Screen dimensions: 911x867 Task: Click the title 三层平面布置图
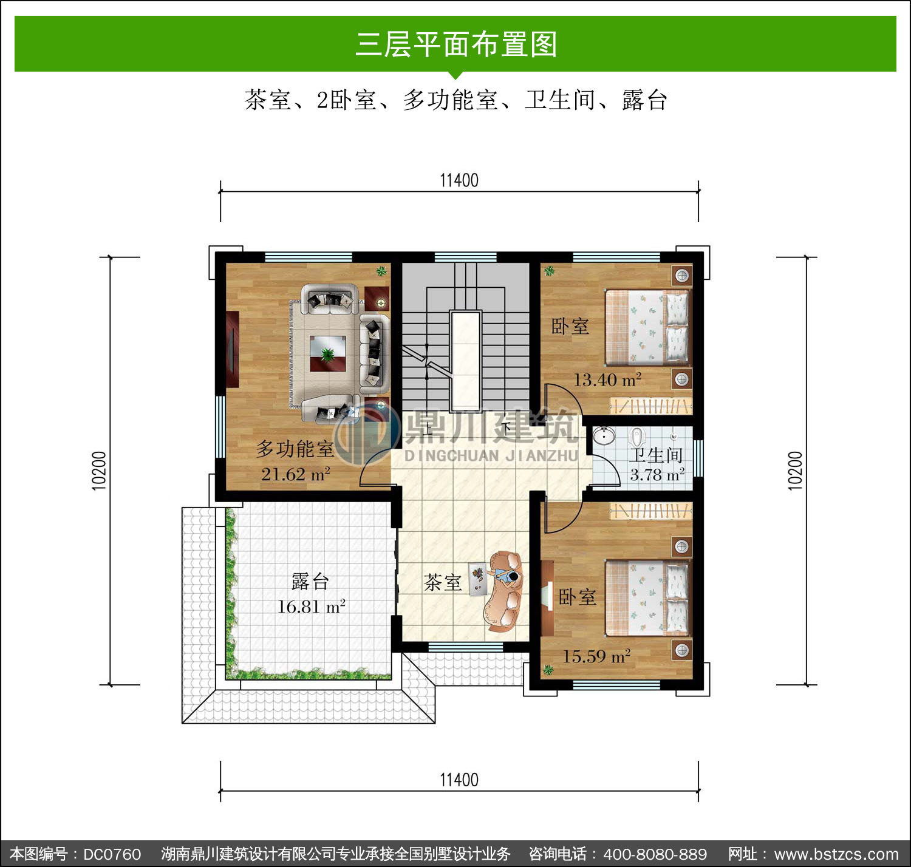pos(455,44)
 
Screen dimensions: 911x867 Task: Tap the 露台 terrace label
pos(310,582)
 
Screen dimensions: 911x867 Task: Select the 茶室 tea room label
pos(443,582)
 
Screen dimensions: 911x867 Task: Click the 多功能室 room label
pos(295,449)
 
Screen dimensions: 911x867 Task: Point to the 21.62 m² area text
pos(296,474)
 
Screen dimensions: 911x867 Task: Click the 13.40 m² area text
pos(607,380)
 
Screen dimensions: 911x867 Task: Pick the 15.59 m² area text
pos(596,656)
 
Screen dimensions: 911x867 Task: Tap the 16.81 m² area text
pos(312,607)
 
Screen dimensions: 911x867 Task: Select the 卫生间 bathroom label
pos(656,455)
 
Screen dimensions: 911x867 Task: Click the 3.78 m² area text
pos(657,475)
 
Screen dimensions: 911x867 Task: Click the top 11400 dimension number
pos(459,180)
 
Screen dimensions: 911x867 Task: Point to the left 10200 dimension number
pos(99,471)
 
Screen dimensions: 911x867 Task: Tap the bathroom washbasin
pos(604,435)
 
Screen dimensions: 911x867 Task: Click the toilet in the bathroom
pos(638,437)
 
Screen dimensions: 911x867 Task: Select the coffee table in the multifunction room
pos(327,353)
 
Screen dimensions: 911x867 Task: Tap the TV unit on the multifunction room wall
pos(233,349)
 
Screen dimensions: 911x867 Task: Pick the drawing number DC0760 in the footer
pos(112,854)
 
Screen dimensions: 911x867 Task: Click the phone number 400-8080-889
pos(655,854)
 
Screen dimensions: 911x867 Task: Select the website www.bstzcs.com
pos(836,854)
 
